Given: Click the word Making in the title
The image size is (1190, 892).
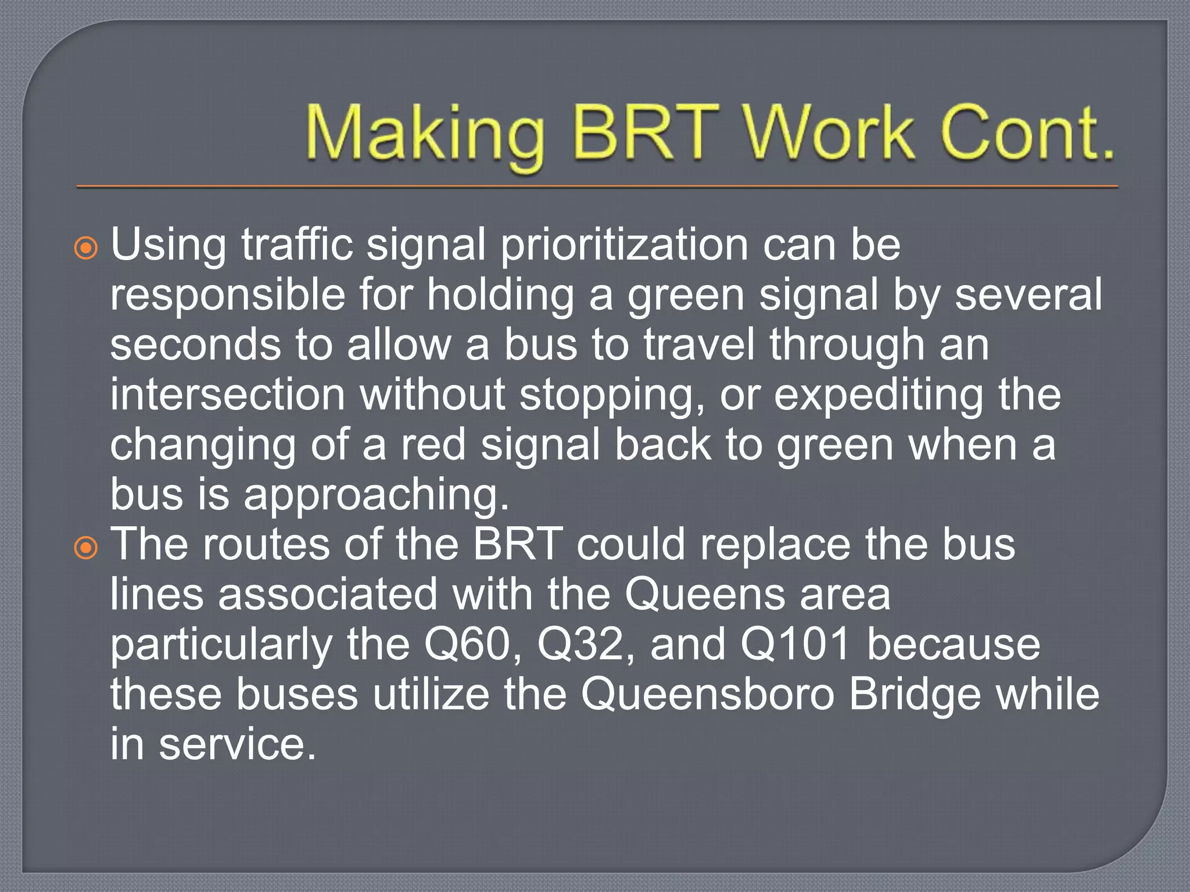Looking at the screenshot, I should (424, 135).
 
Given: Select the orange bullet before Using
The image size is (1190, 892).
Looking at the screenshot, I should (86, 249).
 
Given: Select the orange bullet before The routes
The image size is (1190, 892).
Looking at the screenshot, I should (86, 548).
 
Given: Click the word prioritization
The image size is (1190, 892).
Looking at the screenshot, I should (624, 245).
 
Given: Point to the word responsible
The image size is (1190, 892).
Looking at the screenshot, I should (228, 295).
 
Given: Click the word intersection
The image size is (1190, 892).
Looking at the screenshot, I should (228, 395).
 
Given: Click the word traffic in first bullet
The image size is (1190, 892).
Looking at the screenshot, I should (297, 245).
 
